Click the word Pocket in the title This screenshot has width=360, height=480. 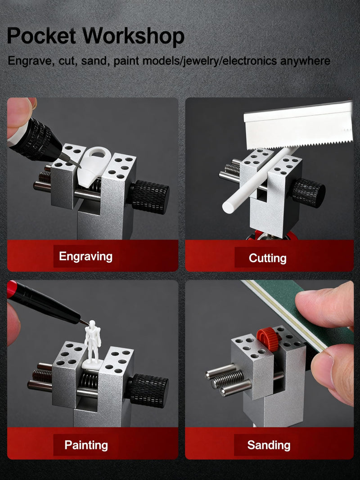point(41,36)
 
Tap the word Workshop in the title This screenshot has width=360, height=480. point(133,36)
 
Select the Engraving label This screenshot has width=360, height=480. point(85,256)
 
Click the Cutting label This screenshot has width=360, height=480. point(268,258)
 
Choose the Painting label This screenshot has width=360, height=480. point(86,445)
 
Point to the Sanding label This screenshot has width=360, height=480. point(269,445)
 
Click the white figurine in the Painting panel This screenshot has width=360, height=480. point(92,344)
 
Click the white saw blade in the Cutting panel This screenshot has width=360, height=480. point(298,126)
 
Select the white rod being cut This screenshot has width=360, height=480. point(260,180)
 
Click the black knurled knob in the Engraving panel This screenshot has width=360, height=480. point(150,197)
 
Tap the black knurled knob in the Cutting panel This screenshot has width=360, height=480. point(308,193)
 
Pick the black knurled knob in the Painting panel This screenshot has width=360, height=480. point(149,390)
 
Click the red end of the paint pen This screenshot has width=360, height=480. point(12,289)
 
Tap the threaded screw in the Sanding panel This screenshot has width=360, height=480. point(228,378)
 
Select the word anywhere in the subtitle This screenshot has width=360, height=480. point(305,61)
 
